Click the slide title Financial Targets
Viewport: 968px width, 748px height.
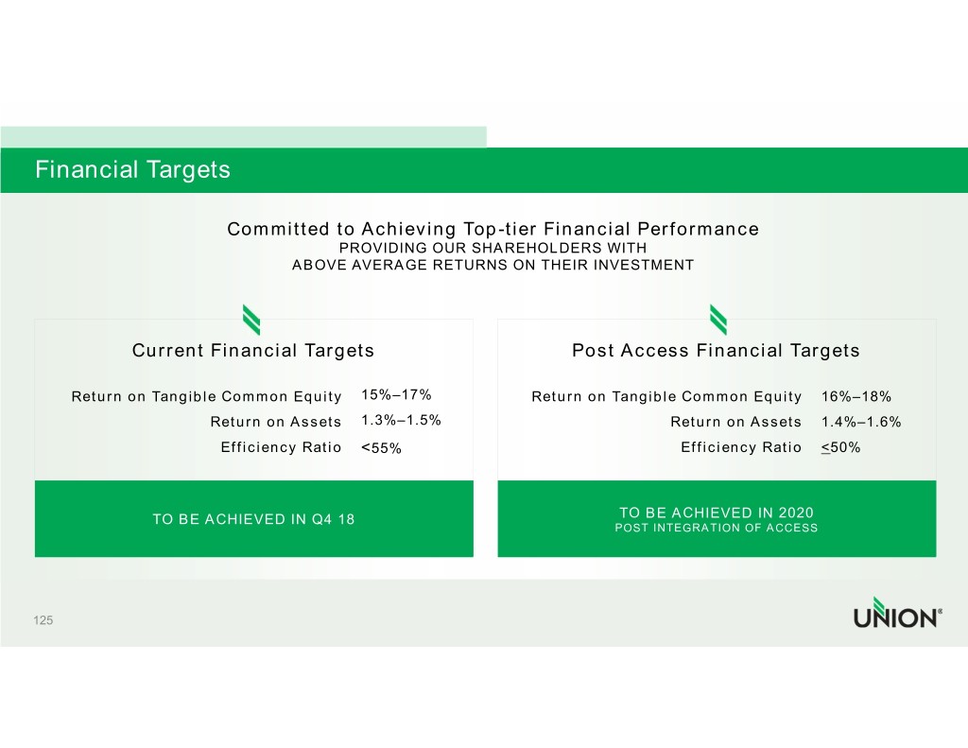[x=132, y=170]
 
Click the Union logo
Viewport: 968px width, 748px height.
[x=898, y=613]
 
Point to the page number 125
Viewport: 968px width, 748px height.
[x=43, y=620]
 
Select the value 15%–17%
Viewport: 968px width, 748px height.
[x=396, y=394]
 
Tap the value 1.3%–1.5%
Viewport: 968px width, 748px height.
[x=401, y=420]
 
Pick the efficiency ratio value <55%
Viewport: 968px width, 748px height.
[x=382, y=448]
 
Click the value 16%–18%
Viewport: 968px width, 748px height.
[x=856, y=396]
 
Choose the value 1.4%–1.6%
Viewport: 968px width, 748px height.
[x=861, y=422]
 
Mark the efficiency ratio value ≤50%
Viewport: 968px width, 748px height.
[x=840, y=447]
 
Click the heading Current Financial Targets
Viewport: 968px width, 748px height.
[x=253, y=351]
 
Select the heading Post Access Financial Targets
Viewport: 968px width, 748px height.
[x=717, y=351]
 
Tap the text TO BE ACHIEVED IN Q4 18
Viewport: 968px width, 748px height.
[x=253, y=519]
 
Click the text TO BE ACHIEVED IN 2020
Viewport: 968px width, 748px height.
[x=717, y=513]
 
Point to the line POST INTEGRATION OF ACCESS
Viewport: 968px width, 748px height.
[x=717, y=528]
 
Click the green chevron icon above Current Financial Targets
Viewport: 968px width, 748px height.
[x=251, y=320]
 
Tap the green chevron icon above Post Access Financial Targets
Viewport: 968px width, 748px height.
[x=718, y=320]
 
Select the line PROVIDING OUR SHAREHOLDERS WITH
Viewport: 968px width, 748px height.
[x=493, y=249]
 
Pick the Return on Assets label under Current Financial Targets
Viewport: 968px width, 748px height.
[x=276, y=422]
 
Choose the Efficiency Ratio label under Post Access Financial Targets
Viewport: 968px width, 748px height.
[x=741, y=447]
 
